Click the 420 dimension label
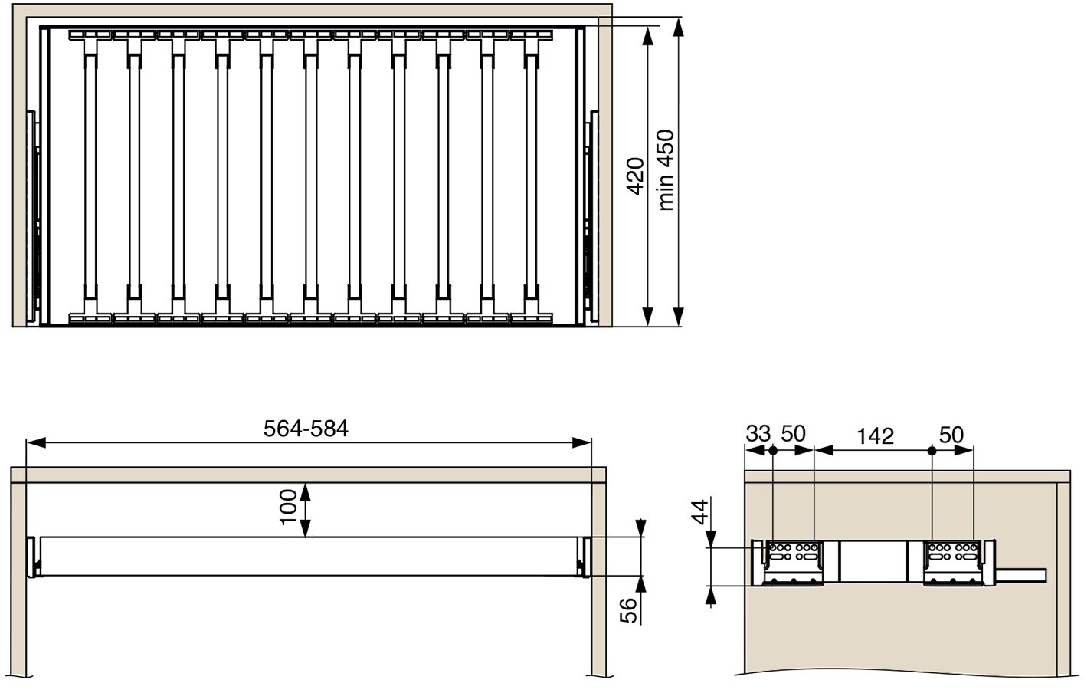[635, 176]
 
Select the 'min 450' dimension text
[666, 170]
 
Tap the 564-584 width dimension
[306, 429]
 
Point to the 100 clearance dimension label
[288, 507]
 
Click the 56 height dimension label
[628, 610]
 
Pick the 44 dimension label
[699, 512]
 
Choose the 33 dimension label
[758, 434]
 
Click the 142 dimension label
[876, 436]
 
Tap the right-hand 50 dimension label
[951, 435]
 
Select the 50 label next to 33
[793, 434]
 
